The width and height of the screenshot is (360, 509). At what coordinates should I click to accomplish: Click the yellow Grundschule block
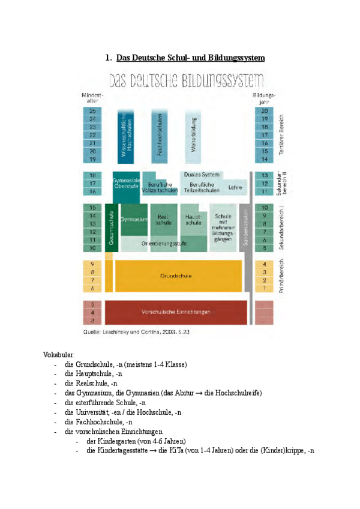click(x=176, y=276)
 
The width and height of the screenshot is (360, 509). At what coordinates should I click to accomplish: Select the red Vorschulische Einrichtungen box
click(x=176, y=312)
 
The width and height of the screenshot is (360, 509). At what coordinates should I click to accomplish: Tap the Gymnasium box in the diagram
click(x=133, y=220)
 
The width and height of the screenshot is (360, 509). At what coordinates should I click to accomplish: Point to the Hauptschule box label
click(x=193, y=220)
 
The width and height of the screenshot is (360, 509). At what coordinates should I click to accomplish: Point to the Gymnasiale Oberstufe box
click(x=126, y=183)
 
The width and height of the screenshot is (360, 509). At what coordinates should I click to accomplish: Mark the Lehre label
click(x=235, y=187)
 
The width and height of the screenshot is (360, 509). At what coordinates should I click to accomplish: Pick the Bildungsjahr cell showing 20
click(x=264, y=111)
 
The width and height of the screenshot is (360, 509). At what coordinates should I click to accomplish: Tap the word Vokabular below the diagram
click(x=59, y=355)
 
